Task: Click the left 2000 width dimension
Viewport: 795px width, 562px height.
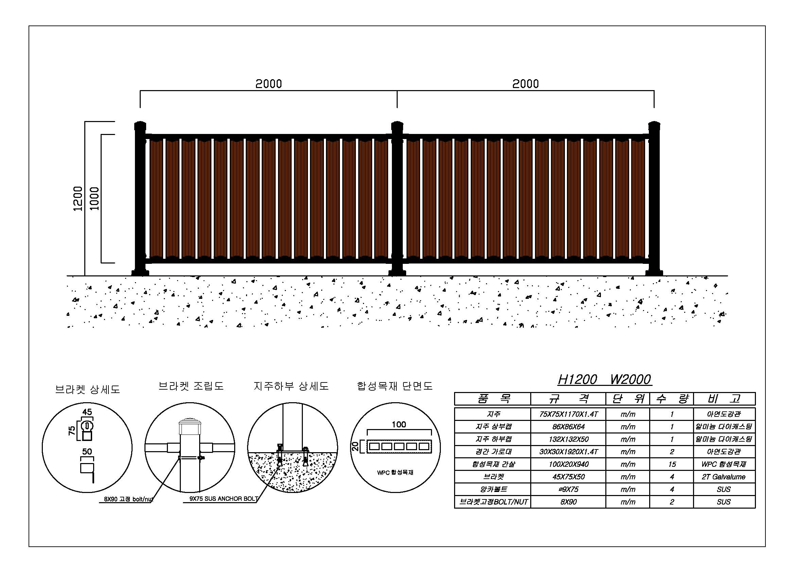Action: pos(269,84)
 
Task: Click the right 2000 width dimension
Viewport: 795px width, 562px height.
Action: pos(525,84)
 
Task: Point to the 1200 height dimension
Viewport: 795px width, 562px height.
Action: pos(78,199)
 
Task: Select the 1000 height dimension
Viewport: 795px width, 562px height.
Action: pos(94,199)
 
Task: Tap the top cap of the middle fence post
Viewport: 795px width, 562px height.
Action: pos(397,125)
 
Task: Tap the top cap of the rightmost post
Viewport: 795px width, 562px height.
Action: pos(654,125)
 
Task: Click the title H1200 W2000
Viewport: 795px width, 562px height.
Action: pos(605,379)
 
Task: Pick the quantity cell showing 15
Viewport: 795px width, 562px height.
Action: pos(672,464)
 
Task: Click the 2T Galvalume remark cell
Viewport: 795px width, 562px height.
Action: pos(724,477)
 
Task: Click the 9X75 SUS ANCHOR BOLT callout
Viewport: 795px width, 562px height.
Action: pos(224,499)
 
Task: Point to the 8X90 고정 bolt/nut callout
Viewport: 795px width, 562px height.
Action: pos(128,500)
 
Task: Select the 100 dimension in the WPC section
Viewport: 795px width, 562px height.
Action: pos(399,425)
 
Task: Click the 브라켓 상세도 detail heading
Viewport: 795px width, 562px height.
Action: pos(88,390)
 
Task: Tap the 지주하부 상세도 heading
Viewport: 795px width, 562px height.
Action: pos(291,386)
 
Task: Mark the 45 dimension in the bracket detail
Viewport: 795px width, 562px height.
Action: pos(87,412)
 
